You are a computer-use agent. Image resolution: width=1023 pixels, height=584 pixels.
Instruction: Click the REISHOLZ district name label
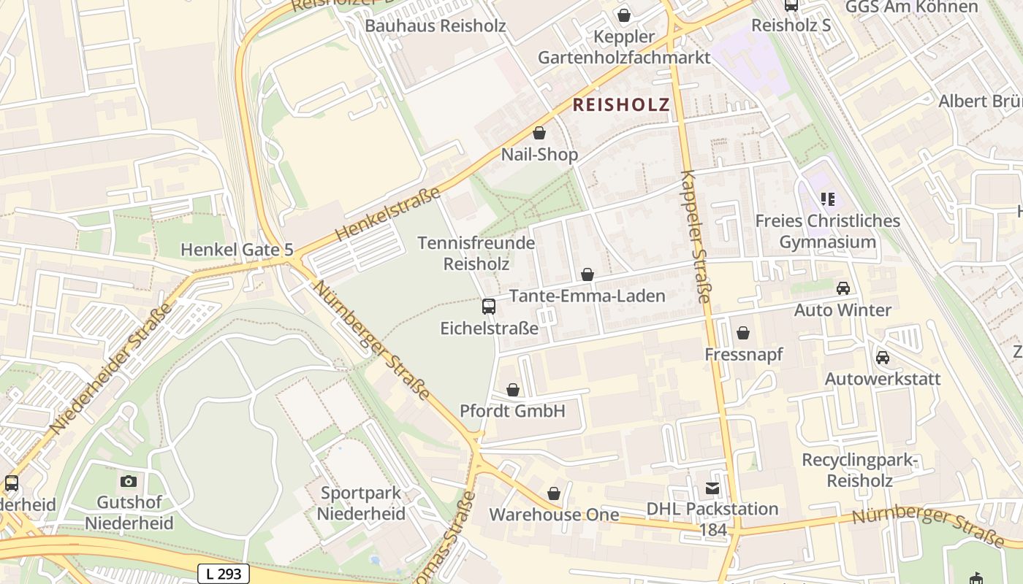(620, 104)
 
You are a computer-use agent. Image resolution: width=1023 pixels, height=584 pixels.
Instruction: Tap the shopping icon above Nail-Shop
(539, 133)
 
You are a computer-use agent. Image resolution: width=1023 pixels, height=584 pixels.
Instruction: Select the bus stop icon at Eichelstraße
(489, 307)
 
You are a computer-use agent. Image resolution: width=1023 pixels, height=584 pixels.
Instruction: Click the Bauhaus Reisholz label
(435, 26)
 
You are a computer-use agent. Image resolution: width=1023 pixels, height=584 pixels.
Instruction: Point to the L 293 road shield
(224, 574)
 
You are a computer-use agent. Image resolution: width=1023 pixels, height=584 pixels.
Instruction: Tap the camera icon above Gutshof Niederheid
(129, 481)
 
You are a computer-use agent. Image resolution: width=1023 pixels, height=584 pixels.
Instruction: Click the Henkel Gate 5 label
(237, 250)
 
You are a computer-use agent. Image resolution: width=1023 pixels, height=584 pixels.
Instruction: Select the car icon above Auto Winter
(843, 288)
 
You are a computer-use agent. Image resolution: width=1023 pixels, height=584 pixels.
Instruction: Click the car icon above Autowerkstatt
(883, 358)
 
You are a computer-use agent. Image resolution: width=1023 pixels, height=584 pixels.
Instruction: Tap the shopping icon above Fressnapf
(743, 333)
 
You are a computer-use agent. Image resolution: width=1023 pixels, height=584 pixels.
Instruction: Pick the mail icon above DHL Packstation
(712, 488)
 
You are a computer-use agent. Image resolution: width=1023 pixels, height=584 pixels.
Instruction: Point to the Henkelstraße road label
(388, 214)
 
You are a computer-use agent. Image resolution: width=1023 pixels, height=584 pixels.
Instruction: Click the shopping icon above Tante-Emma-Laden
(587, 274)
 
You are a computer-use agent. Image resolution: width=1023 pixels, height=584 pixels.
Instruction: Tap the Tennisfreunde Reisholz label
(476, 253)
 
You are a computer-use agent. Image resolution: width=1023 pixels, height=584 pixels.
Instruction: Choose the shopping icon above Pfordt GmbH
(513, 390)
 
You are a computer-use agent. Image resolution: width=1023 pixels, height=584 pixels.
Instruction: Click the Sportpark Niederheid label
(361, 503)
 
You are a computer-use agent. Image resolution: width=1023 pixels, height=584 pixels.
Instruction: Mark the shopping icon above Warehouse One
(554, 493)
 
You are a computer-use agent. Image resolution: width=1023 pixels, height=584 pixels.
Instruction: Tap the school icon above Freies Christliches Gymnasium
(828, 199)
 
